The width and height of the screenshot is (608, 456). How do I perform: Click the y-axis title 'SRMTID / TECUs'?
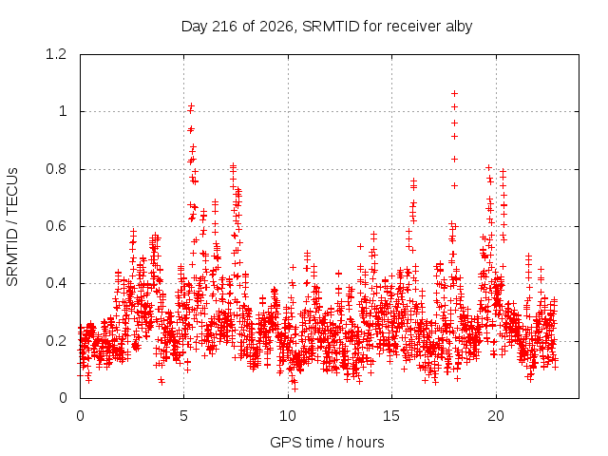(12, 227)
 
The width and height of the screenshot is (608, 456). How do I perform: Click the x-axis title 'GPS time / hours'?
(327, 442)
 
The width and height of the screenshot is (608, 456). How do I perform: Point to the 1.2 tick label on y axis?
(56, 54)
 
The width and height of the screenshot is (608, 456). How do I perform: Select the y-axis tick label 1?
(63, 112)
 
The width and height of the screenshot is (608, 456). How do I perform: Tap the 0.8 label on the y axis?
(56, 169)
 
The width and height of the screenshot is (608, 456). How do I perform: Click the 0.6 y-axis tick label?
(56, 226)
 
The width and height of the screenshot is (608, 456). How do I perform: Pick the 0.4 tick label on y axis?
(56, 283)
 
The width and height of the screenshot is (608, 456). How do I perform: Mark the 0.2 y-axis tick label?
(56, 341)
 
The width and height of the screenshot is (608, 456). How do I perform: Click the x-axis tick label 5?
(183, 416)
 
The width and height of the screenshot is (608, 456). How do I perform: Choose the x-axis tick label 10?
(288, 416)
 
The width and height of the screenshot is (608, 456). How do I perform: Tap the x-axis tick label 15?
(391, 416)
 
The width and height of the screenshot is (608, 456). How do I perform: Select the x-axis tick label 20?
(496, 416)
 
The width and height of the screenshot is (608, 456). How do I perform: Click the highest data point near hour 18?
(454, 93)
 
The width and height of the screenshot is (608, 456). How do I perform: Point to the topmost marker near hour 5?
(191, 105)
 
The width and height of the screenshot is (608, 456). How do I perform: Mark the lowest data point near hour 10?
(294, 389)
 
